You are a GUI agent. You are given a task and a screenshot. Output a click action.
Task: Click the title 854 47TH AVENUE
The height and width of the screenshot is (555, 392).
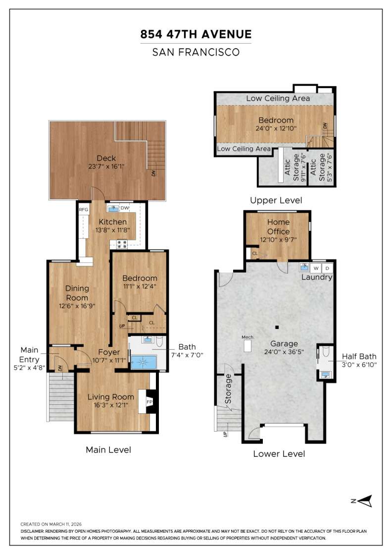(x=196, y=34)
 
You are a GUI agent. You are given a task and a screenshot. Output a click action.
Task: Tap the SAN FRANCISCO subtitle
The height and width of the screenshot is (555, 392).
(x=196, y=52)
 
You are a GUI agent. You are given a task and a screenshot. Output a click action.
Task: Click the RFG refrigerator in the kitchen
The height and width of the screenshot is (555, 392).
(x=83, y=210)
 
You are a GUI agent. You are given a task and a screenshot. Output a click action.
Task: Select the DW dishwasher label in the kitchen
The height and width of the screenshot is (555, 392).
(x=124, y=208)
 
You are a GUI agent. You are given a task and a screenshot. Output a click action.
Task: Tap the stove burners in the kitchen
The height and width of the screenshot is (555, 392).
(x=121, y=244)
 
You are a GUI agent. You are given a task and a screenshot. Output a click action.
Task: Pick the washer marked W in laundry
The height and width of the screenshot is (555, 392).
(x=316, y=268)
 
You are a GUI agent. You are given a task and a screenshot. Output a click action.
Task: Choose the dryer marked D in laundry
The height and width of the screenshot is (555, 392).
(x=327, y=268)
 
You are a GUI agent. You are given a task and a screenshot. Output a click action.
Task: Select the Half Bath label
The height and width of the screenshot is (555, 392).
(x=359, y=356)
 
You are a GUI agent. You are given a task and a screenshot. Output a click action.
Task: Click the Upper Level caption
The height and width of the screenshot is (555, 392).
(x=276, y=200)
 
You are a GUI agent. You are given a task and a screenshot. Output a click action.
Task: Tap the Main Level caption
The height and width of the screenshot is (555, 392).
(x=108, y=450)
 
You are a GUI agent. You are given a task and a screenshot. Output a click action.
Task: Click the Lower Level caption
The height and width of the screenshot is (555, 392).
(x=279, y=453)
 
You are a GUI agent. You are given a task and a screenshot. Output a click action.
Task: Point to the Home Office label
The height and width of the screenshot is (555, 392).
(x=278, y=226)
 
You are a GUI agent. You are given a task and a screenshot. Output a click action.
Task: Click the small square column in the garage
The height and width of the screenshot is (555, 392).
(x=277, y=327)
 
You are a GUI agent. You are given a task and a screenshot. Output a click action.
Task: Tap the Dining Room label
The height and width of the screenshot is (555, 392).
(x=77, y=293)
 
